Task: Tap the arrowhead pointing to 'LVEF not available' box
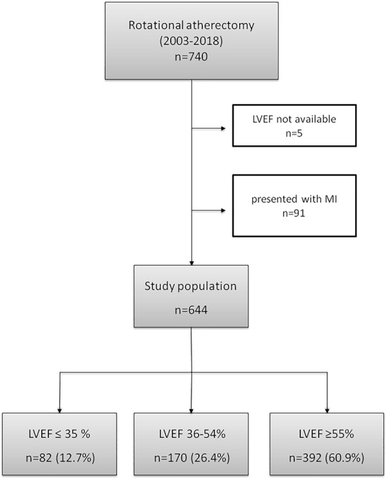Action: [x=223, y=129]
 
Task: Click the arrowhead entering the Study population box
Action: [x=191, y=263]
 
